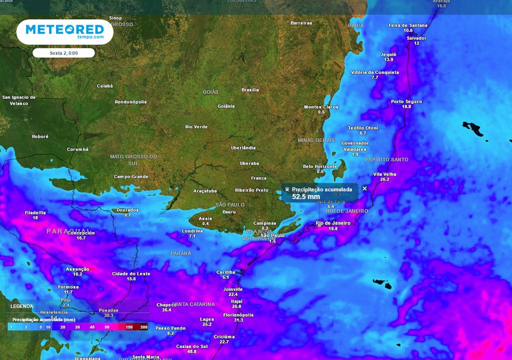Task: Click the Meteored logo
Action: click(x=64, y=32)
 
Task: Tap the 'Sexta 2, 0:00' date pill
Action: click(x=63, y=52)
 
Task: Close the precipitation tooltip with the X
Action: click(x=364, y=188)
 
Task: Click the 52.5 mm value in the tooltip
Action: click(x=306, y=196)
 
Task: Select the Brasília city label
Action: click(x=250, y=90)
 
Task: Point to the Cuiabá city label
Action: click(x=105, y=86)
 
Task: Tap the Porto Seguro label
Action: click(x=406, y=102)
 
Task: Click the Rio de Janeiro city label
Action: click(x=333, y=223)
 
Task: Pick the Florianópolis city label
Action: click(x=238, y=315)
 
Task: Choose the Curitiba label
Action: click(x=225, y=272)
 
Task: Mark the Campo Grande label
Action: click(x=131, y=176)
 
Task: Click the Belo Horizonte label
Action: click(x=320, y=166)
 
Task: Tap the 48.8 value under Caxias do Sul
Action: click(x=192, y=351)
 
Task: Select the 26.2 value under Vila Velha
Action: click(x=384, y=179)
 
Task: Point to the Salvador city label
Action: click(x=416, y=38)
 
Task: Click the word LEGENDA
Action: click(x=21, y=306)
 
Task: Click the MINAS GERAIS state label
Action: click(x=316, y=140)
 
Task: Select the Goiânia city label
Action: click(x=226, y=106)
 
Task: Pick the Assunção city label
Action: click(x=77, y=269)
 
